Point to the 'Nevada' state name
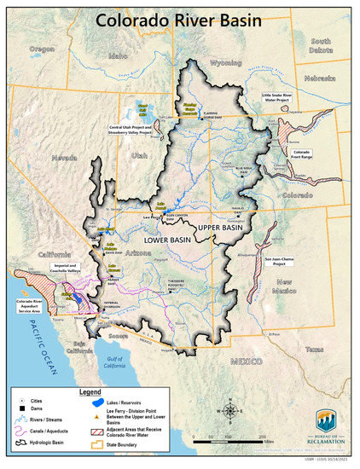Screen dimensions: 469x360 coord(64,158)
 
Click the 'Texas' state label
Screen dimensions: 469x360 coord(316,349)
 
